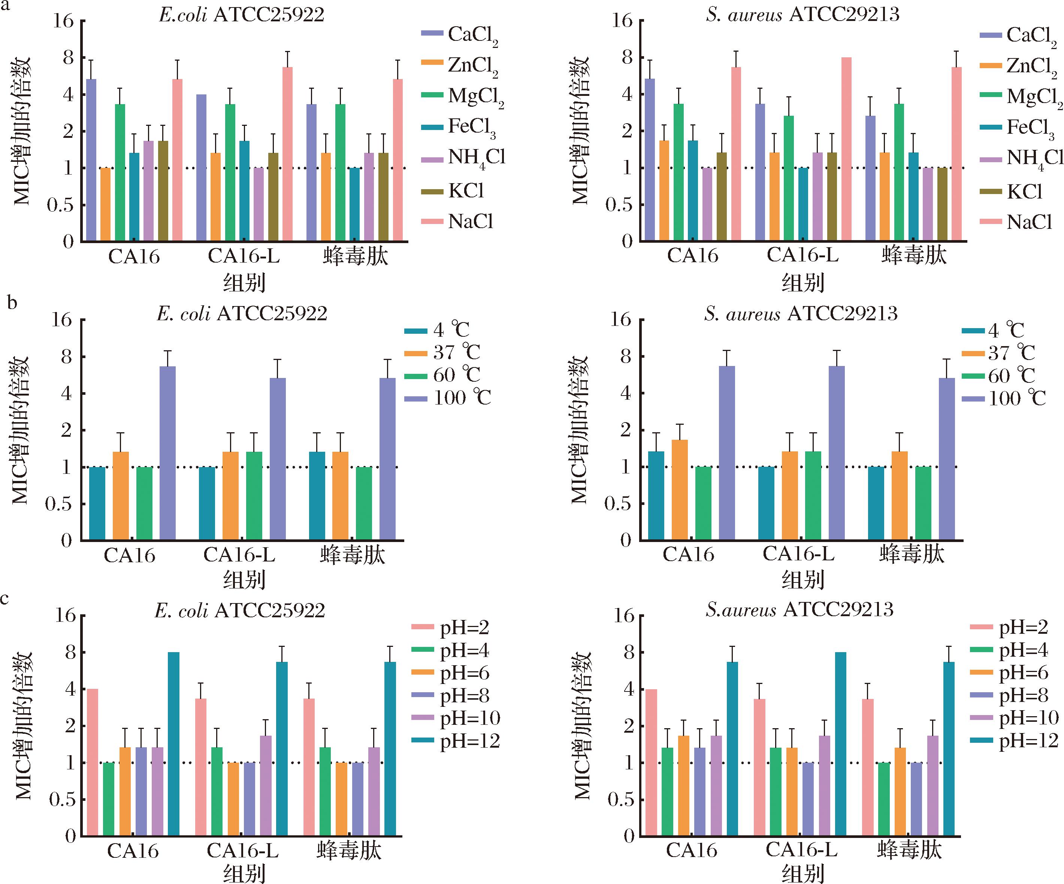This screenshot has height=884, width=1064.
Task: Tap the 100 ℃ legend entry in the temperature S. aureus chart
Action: point(1004,399)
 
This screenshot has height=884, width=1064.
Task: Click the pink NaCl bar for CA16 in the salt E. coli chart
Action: point(177,159)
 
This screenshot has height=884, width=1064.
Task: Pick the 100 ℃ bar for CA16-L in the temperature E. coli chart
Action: point(277,458)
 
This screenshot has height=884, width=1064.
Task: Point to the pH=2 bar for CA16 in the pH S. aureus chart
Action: point(652,762)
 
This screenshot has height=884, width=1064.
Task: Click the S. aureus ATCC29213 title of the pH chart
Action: point(799,609)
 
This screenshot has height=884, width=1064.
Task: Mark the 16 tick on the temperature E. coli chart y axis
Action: point(66,321)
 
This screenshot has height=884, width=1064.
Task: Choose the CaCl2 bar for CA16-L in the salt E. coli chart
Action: point(201,167)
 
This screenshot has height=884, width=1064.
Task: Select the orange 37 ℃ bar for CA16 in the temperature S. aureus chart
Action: point(680,489)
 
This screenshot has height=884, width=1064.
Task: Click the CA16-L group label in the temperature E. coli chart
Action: point(239,555)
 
